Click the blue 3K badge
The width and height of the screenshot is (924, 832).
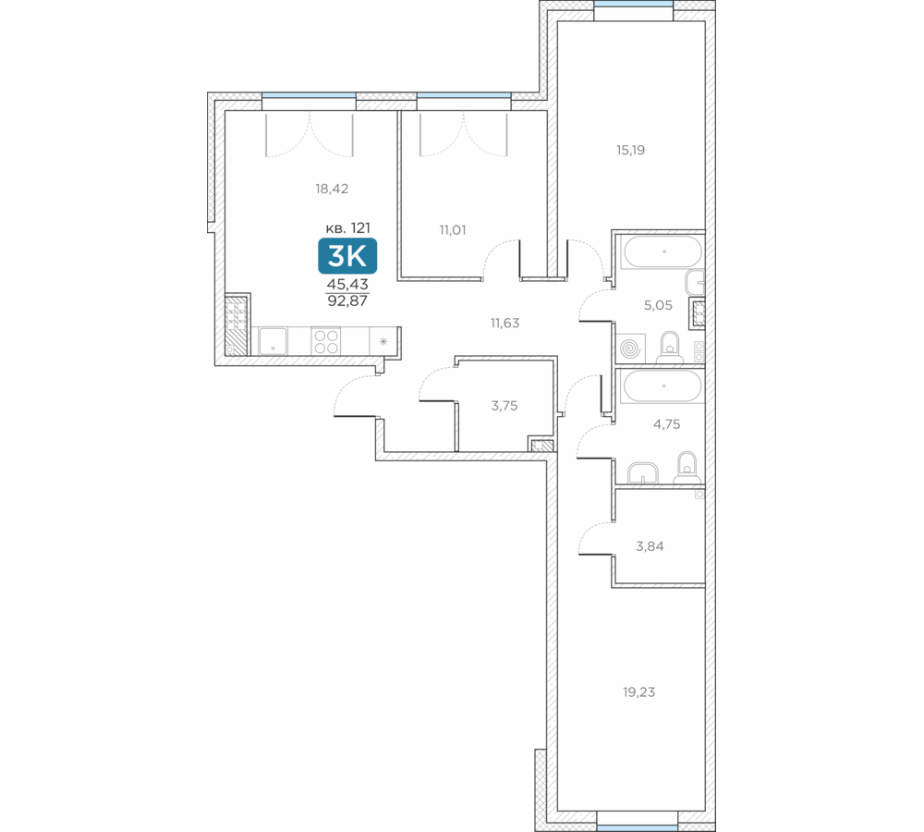coord(347,256)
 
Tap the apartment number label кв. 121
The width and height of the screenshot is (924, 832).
coord(347,227)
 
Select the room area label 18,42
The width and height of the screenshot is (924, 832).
coord(332,189)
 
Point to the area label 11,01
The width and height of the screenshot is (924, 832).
coord(453,230)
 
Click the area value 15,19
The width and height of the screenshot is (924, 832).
coord(630,150)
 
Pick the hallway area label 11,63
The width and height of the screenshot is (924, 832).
coord(505,323)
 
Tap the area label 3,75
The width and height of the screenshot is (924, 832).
coord(505,406)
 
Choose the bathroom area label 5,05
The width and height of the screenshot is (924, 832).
coord(658,305)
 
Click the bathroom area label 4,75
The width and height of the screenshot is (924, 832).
coord(666,424)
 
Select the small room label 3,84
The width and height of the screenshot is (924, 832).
coord(650,546)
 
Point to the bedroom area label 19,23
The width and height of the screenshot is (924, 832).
coord(638,691)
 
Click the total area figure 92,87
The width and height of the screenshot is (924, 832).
coord(347,300)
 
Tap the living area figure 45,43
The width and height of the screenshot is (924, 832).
coord(347,284)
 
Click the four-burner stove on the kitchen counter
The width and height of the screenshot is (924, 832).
coord(326,341)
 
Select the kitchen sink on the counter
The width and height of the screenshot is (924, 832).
coord(273,341)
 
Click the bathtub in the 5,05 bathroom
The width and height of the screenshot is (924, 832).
coord(663,251)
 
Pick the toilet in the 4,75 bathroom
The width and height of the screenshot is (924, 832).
coord(686,466)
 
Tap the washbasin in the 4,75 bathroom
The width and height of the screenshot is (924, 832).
coord(643,472)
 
